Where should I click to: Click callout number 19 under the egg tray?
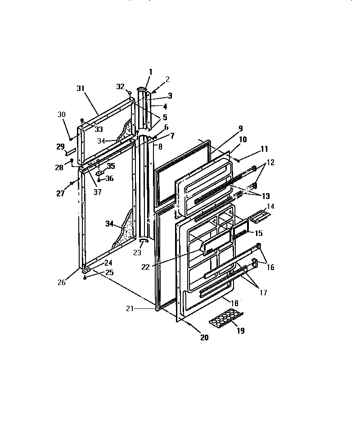tap(240, 331)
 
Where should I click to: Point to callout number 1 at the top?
tap(150, 72)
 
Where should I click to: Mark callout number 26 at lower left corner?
tap(61, 283)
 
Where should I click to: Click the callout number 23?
tap(137, 253)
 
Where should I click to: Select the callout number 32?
tap(120, 86)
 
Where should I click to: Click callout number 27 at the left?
tap(60, 193)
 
